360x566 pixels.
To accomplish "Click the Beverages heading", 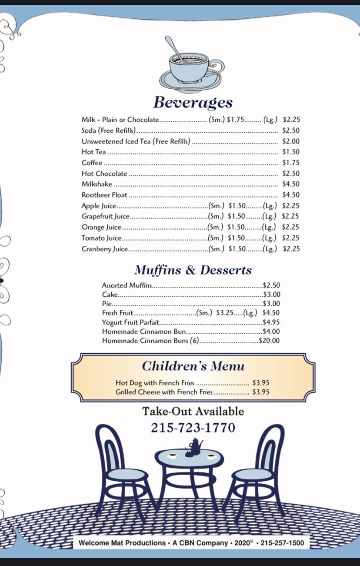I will (193, 103).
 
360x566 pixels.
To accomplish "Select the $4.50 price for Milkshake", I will (291, 184).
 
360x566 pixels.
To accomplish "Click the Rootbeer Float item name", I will (104, 195).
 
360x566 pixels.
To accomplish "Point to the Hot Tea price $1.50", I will (291, 152).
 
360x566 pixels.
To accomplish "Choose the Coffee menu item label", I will (92, 163).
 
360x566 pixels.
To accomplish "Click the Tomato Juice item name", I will (101, 238).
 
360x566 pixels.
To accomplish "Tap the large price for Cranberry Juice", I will (291, 249).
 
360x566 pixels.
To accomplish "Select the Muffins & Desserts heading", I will (193, 270).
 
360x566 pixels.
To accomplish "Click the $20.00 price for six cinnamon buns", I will (269, 341).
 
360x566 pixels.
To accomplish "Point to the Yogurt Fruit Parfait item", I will (130, 322).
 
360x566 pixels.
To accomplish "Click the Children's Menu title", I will (193, 366).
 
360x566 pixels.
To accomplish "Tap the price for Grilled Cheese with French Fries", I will (261, 392).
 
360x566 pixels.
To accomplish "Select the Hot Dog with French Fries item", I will (155, 383).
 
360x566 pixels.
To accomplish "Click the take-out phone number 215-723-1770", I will (193, 428).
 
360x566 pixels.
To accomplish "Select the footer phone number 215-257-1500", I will (282, 543).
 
